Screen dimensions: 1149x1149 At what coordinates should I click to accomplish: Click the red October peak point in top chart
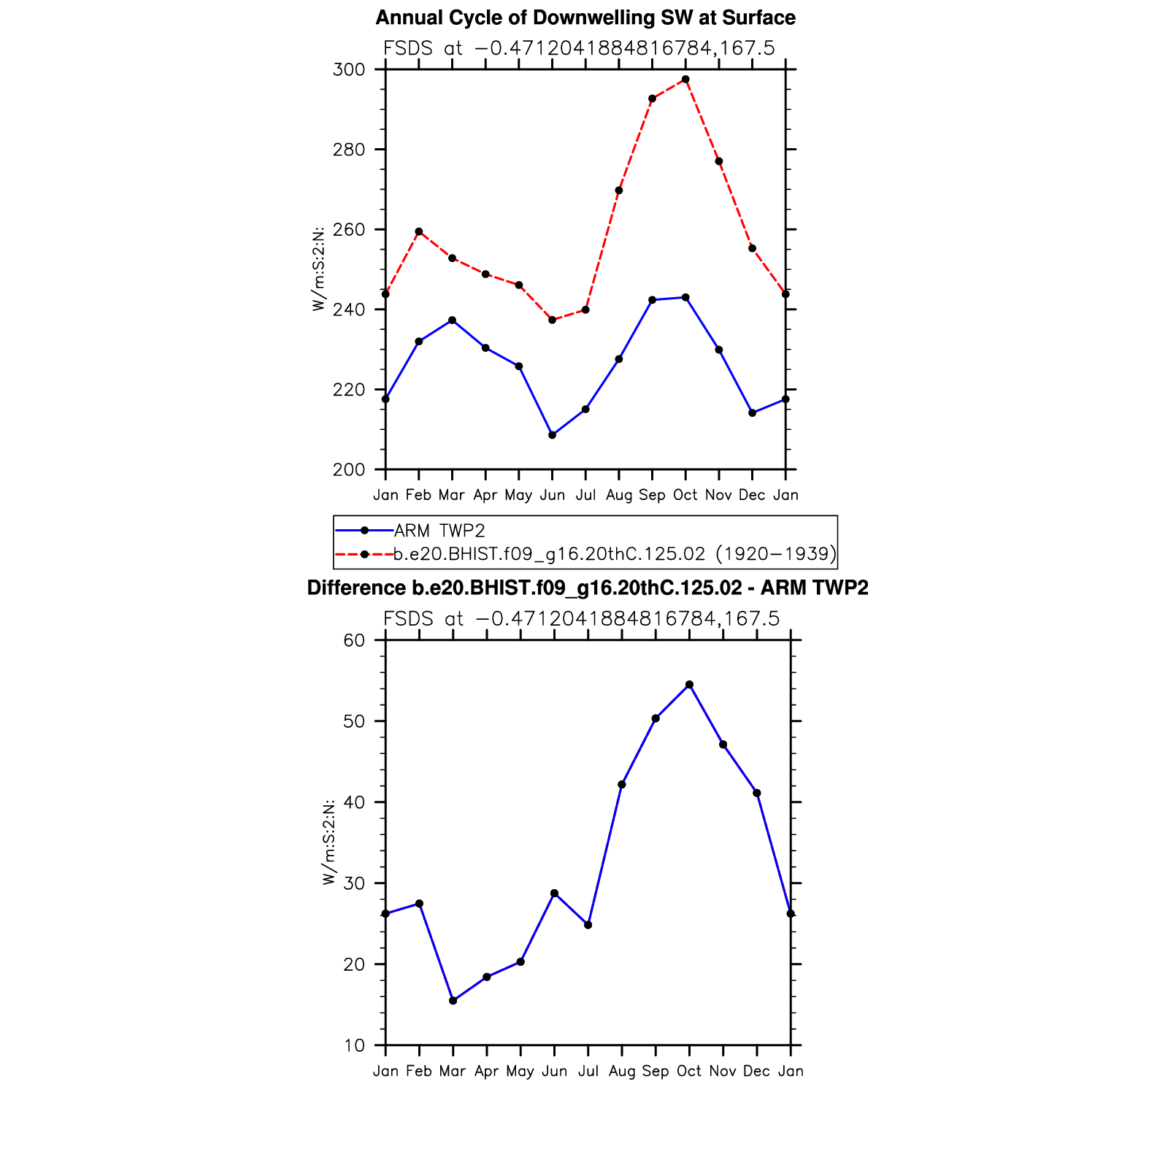[x=685, y=79]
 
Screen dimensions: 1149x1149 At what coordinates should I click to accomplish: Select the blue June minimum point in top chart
[x=552, y=435]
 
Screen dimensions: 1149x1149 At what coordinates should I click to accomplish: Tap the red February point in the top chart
[x=418, y=231]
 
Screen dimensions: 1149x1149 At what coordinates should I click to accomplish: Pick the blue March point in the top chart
[x=452, y=320]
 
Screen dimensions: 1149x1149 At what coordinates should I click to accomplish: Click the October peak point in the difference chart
[x=689, y=685]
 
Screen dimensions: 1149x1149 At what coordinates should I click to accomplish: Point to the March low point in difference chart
[x=453, y=1001]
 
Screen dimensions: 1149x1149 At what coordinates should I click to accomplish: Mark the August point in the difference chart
[x=622, y=785]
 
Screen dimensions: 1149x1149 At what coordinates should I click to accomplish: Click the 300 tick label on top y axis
[x=348, y=70]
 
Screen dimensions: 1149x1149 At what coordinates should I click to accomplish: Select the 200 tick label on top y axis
[x=348, y=470]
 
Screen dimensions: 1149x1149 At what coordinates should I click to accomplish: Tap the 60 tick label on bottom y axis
[x=354, y=641]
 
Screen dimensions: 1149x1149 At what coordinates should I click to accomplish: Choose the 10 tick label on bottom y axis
[x=354, y=1046]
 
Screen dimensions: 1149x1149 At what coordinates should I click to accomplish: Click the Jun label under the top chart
[x=552, y=495]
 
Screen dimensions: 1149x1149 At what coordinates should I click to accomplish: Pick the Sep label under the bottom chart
[x=655, y=1071]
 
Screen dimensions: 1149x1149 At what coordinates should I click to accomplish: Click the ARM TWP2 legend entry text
[x=439, y=530]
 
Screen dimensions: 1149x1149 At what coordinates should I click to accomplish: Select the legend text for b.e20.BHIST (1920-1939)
[x=615, y=554]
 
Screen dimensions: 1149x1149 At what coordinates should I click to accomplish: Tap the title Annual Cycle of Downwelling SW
[x=585, y=18]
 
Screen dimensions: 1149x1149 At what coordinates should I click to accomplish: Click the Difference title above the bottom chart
[x=588, y=588]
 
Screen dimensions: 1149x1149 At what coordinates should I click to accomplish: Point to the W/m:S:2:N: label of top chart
[x=318, y=269]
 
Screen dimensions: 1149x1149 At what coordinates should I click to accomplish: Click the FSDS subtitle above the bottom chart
[x=581, y=619]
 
